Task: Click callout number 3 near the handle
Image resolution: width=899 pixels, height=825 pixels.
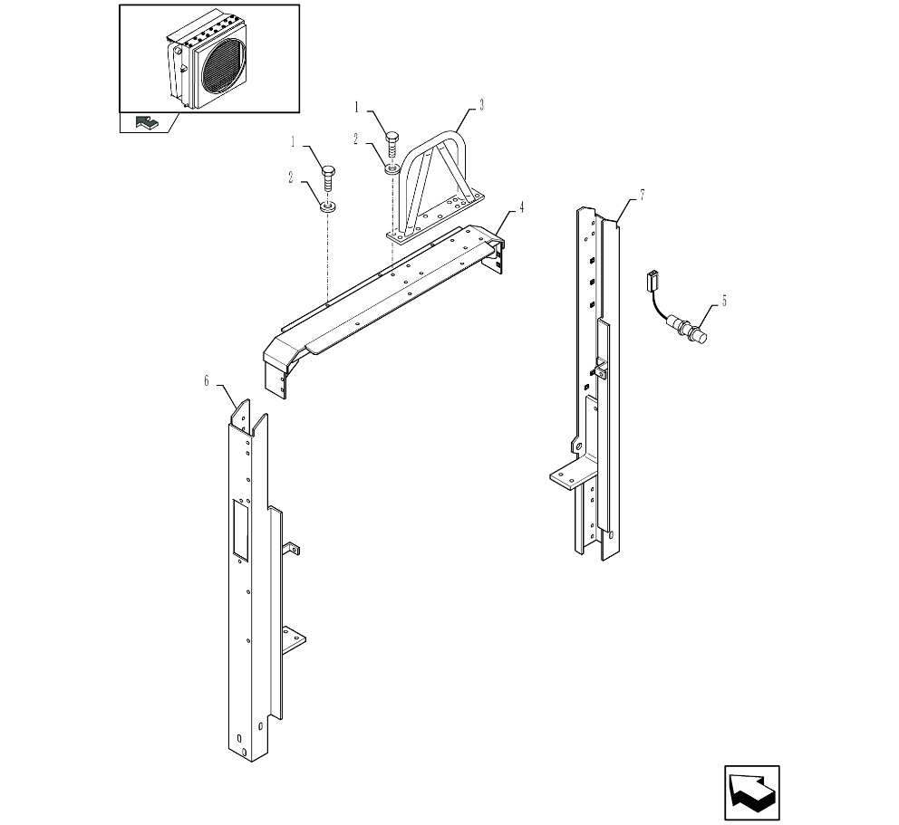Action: coord(481,105)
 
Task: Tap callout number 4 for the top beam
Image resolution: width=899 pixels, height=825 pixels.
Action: coord(522,207)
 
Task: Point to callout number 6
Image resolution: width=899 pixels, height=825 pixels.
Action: coord(207,381)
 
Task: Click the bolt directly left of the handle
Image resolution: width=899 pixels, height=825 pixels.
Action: coord(391,142)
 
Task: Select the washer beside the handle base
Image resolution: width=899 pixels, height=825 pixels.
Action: coord(391,168)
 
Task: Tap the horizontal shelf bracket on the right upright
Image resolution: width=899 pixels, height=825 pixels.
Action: coord(569,473)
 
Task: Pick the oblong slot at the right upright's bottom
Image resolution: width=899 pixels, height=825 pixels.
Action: coord(610,535)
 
